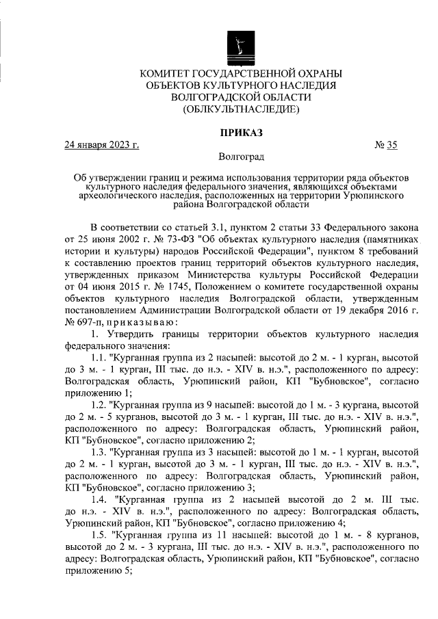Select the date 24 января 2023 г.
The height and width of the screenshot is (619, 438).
coord(101,144)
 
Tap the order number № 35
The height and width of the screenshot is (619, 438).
coord(386,144)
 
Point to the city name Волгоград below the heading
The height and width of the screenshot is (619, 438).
coord(241,157)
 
